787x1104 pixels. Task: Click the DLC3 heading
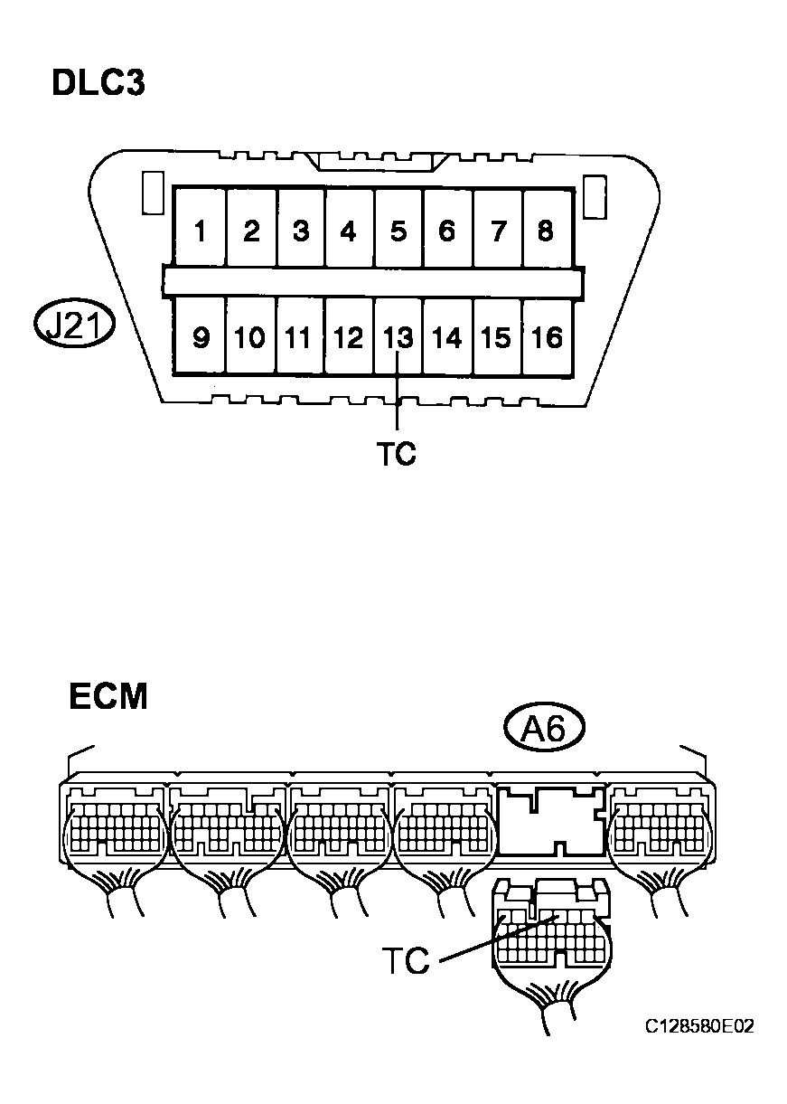pyautogui.click(x=98, y=83)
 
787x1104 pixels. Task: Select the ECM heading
pyautogui.click(x=108, y=695)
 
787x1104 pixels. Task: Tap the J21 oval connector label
pyautogui.click(x=74, y=326)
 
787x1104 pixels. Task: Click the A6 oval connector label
pyautogui.click(x=544, y=730)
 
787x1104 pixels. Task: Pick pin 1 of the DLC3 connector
pyautogui.click(x=201, y=228)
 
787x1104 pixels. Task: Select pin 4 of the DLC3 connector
pyautogui.click(x=349, y=228)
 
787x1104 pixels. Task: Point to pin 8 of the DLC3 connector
pyautogui.click(x=546, y=228)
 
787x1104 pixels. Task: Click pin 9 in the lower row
pyautogui.click(x=201, y=335)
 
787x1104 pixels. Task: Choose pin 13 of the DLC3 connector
pyautogui.click(x=398, y=335)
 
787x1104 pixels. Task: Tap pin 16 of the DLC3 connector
pyautogui.click(x=546, y=335)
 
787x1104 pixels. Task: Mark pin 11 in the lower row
pyautogui.click(x=299, y=335)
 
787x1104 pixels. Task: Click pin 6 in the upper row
pyautogui.click(x=447, y=228)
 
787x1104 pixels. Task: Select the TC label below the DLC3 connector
pyautogui.click(x=397, y=454)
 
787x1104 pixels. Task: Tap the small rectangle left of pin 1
pyautogui.click(x=153, y=193)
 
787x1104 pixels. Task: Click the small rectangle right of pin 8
pyautogui.click(x=595, y=196)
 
